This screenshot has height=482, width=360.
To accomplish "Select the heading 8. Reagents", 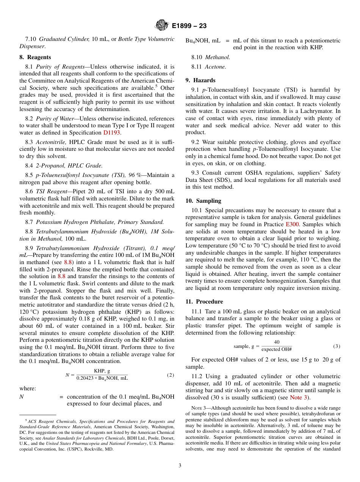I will (35, 57).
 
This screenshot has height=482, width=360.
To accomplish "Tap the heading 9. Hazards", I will (200, 80).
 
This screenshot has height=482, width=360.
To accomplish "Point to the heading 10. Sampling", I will (203, 201).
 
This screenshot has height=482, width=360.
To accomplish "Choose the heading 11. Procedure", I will (204, 302).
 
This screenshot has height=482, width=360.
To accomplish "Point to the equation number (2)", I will (170, 375).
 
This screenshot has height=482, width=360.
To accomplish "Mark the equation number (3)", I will (337, 346).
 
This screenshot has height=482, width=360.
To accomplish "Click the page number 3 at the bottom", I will (180, 466).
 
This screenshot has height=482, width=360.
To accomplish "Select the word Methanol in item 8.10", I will (218, 57).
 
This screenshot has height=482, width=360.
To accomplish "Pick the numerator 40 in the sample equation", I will (277, 342).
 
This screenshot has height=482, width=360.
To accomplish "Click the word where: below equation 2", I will (28, 388).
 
